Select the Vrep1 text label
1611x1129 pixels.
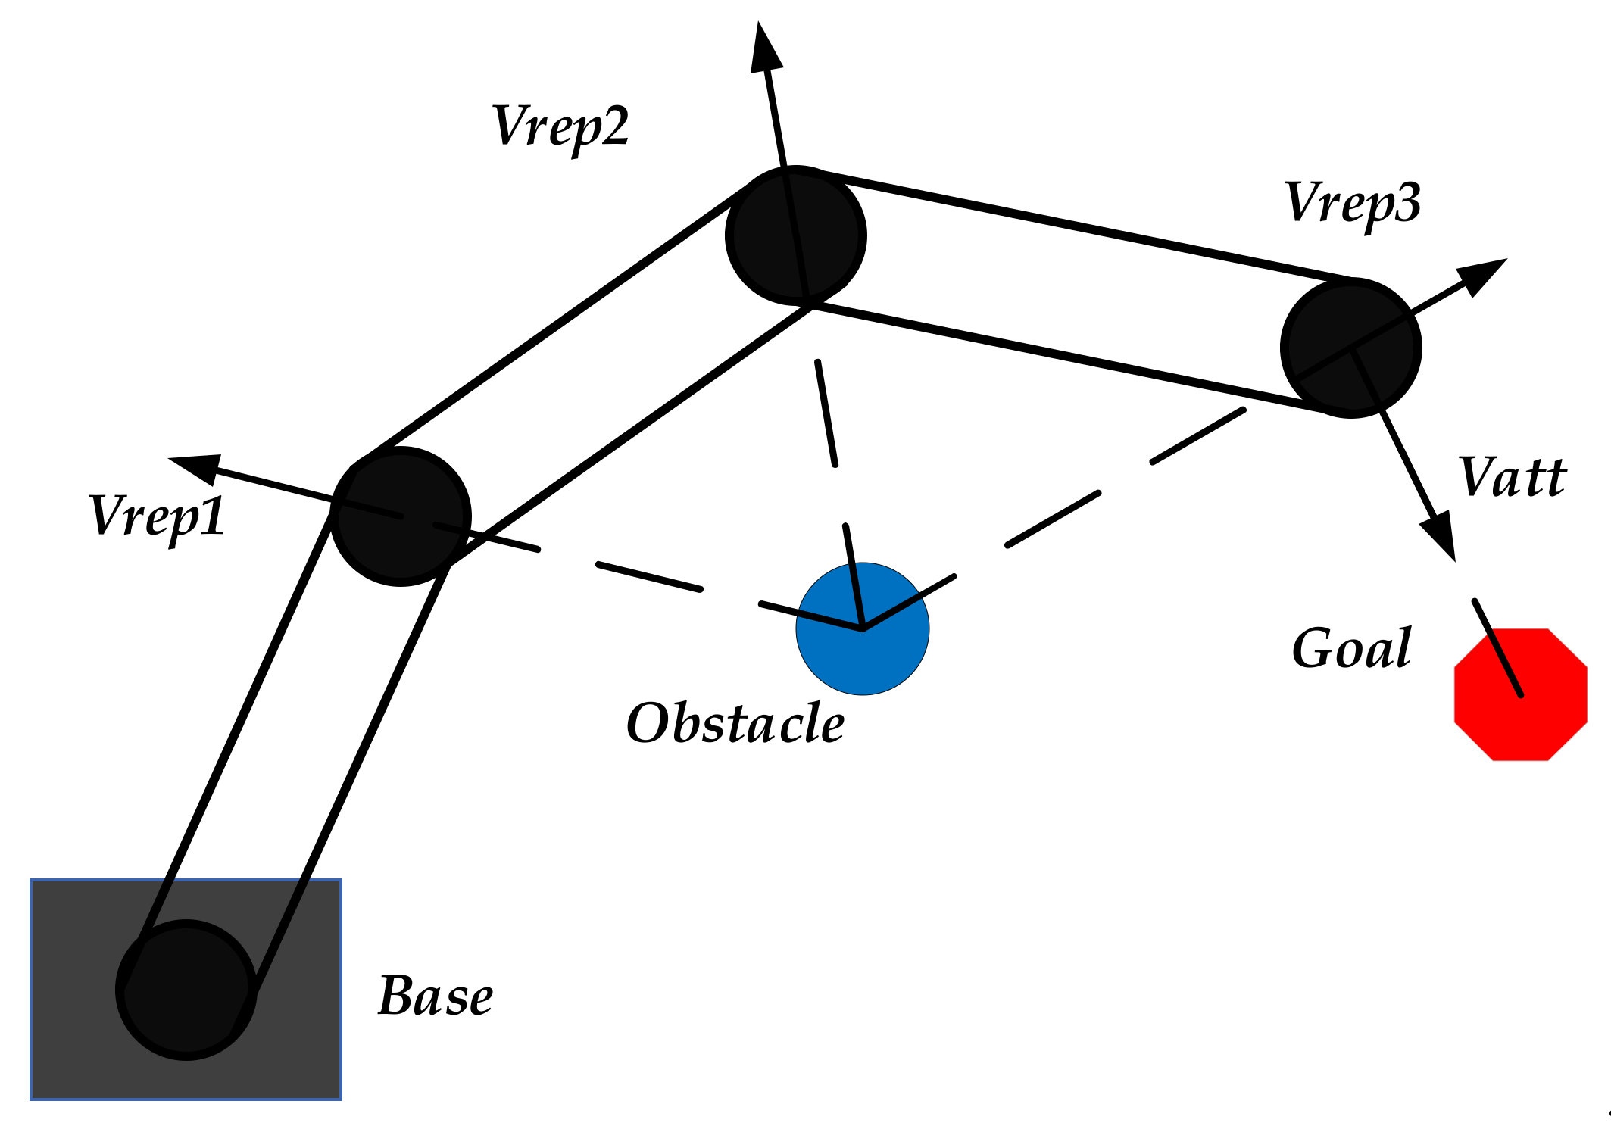coord(157,517)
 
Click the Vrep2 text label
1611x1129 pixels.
coord(560,126)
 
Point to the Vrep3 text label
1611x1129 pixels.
coord(1352,203)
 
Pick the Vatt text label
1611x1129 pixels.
coord(1512,478)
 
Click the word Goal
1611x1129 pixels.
coord(1351,649)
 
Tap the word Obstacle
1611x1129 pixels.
coord(735,723)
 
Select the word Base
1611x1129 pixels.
coord(436,996)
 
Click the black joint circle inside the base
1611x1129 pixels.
coord(186,990)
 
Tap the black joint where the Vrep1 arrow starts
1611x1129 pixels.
coord(401,516)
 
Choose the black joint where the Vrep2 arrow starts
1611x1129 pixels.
coord(795,235)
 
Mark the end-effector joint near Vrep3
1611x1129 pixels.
coord(1350,348)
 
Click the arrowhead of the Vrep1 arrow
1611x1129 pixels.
coord(195,468)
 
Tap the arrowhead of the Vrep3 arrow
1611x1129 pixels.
coord(1481,275)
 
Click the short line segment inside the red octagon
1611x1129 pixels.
coord(1498,648)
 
